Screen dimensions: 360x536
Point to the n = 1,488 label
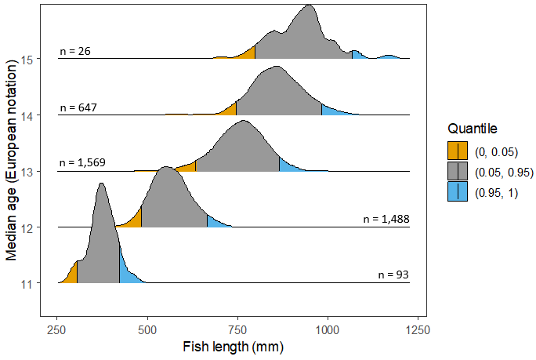386,220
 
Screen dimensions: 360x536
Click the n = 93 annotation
393,275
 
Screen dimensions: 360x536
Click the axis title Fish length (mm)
232,346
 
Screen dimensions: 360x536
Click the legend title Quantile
469,129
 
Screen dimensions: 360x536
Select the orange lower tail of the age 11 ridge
71,275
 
